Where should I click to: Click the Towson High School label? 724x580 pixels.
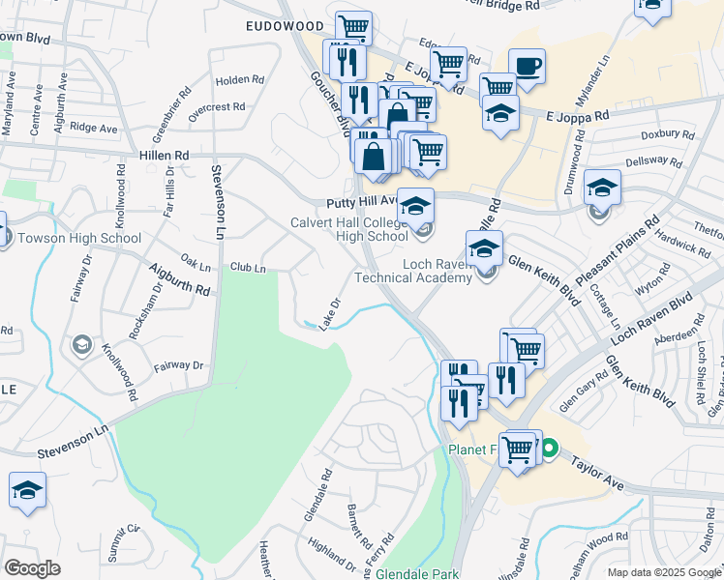coord(78,239)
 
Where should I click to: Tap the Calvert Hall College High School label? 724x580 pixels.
coord(348,229)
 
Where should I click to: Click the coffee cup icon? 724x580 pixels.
coord(527,67)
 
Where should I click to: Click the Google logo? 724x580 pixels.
coord(32,568)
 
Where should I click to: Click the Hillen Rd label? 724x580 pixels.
coord(165,155)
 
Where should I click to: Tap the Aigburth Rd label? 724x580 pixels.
coord(178,279)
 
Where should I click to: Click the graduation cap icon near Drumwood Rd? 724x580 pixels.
coord(602,188)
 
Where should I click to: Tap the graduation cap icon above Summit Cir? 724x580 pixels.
coord(28,490)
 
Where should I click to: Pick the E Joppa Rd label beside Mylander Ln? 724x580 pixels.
coord(577,114)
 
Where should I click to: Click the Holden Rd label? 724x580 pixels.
coord(240,80)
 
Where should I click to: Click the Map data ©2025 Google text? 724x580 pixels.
coord(664,572)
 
